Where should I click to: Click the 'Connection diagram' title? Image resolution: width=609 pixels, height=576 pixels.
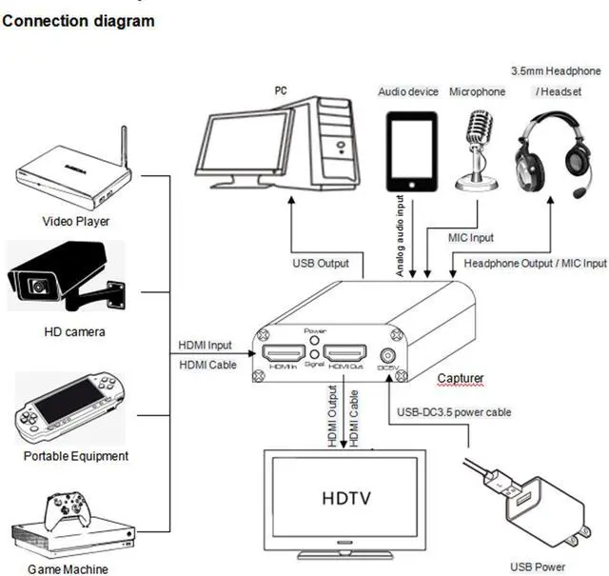point(79,20)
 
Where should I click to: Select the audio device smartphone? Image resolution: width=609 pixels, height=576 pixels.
point(411,150)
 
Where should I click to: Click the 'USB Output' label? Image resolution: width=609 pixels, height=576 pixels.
point(321,264)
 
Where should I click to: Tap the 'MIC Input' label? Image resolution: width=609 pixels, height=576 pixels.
point(471,237)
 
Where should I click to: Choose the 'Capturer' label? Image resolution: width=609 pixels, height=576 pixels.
point(461,378)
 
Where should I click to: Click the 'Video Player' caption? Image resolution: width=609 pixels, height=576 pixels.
point(76,221)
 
